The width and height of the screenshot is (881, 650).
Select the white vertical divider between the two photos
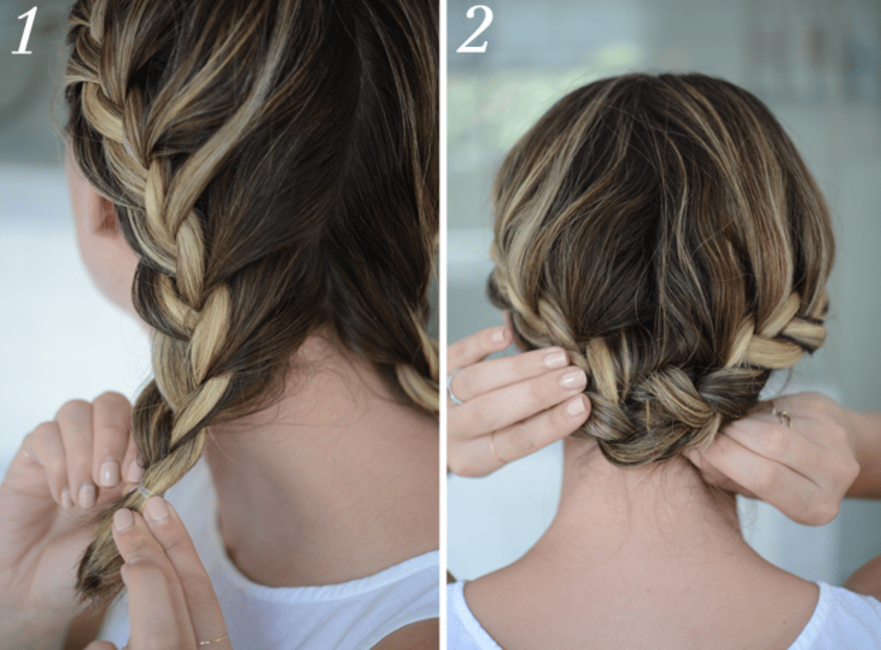443,325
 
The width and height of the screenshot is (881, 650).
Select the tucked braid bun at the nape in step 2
643,421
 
